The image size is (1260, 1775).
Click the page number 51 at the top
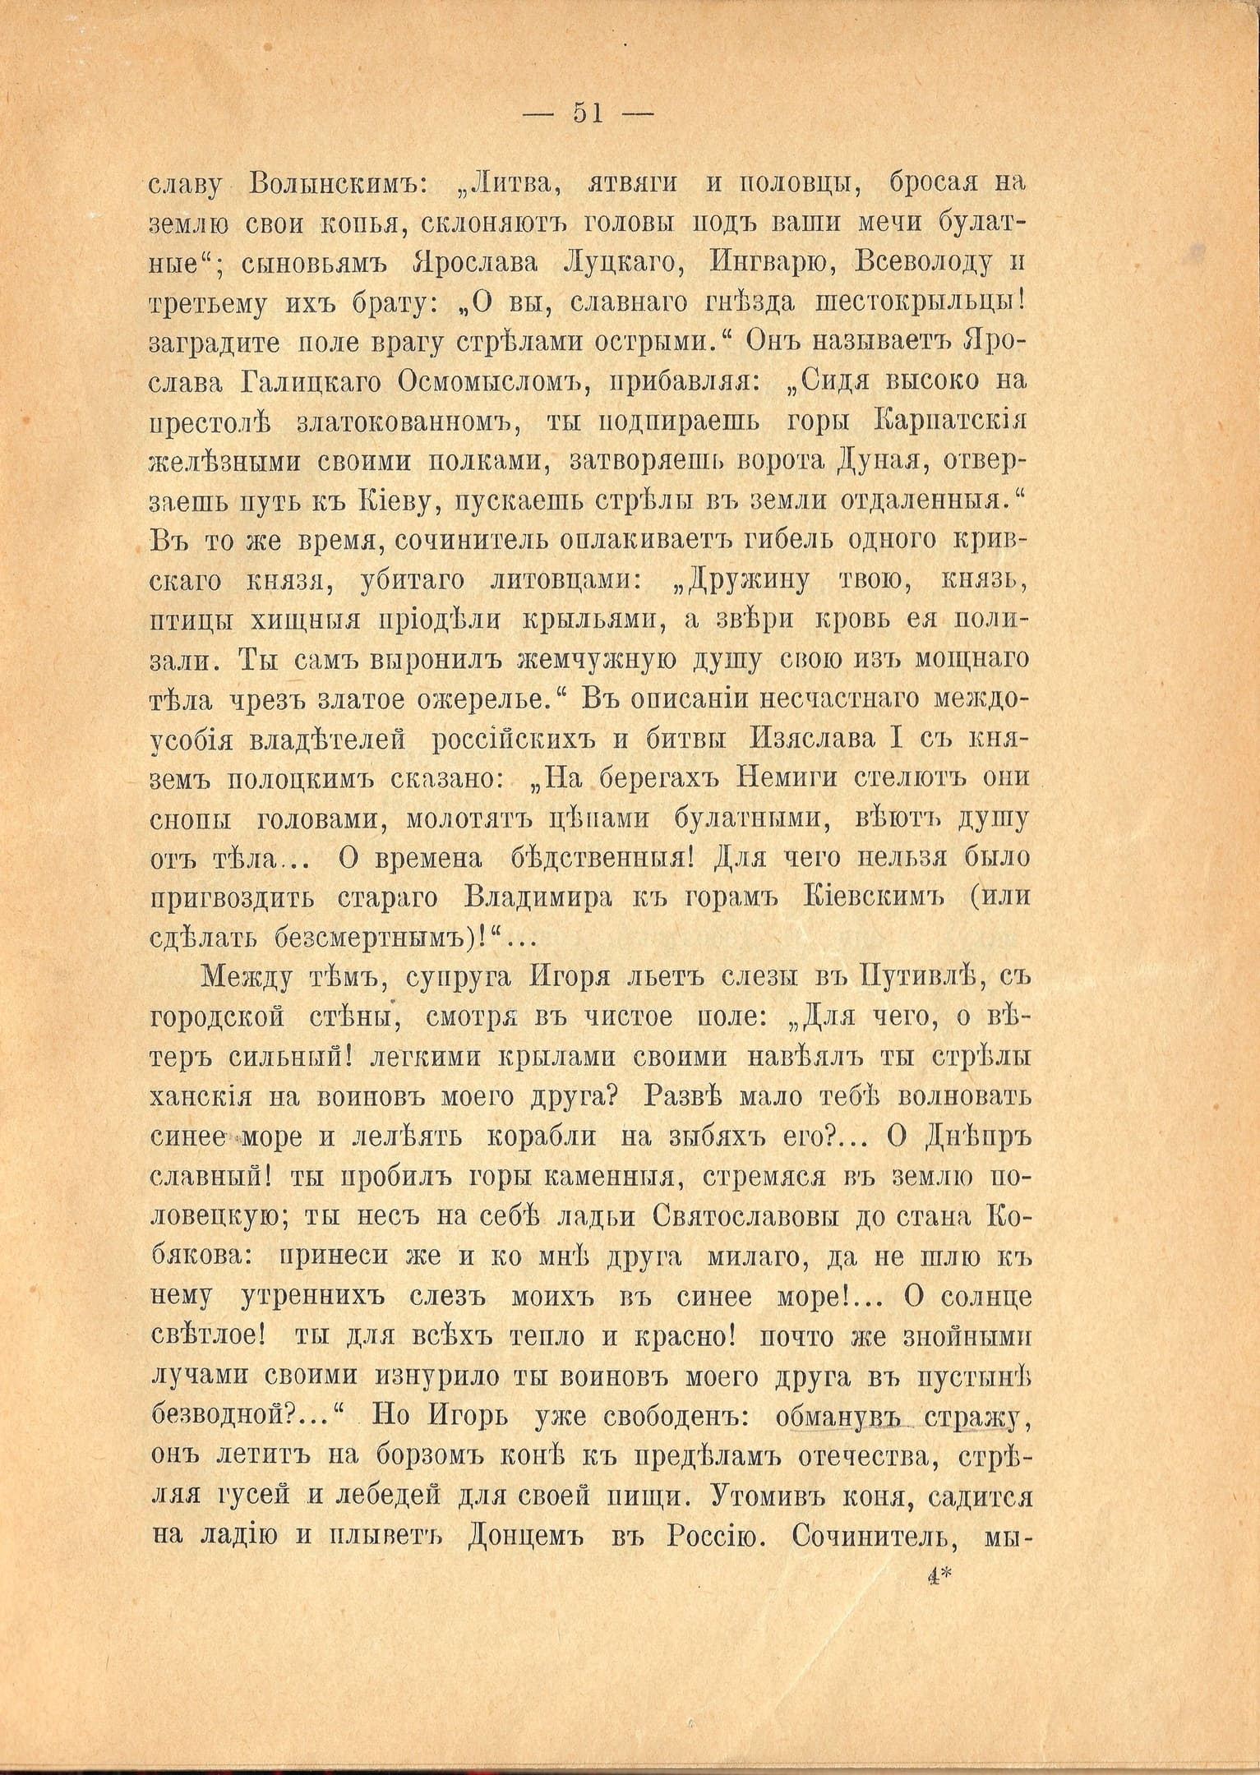pos(588,114)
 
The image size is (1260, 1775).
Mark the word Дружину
pos(740,581)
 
